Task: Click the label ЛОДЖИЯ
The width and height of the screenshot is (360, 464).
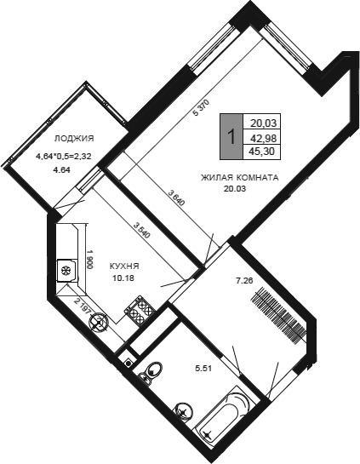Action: tap(74, 138)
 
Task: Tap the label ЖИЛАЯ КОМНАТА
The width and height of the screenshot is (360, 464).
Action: tap(240, 178)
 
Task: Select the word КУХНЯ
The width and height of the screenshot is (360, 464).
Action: tap(124, 266)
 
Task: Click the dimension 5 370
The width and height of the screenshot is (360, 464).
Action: tap(201, 108)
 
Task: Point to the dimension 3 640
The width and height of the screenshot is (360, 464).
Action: tap(177, 198)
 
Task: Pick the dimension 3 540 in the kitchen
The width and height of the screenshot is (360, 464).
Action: tap(142, 231)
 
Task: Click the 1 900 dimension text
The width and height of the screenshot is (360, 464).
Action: tap(90, 259)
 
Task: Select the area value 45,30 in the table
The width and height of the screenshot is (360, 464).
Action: tap(262, 152)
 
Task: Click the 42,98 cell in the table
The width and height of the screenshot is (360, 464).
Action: tap(263, 138)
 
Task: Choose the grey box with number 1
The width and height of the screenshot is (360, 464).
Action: tap(231, 136)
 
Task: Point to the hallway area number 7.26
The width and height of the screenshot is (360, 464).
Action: tap(244, 281)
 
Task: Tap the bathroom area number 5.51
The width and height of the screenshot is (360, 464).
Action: tap(203, 369)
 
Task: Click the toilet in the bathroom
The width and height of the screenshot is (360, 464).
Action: tap(151, 372)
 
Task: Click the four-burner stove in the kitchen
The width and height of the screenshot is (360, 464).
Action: tap(140, 311)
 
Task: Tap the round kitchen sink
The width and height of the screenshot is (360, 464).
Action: tap(98, 324)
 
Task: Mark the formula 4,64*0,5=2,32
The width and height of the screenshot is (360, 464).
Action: tap(63, 157)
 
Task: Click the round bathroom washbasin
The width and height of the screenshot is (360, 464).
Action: tap(184, 412)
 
